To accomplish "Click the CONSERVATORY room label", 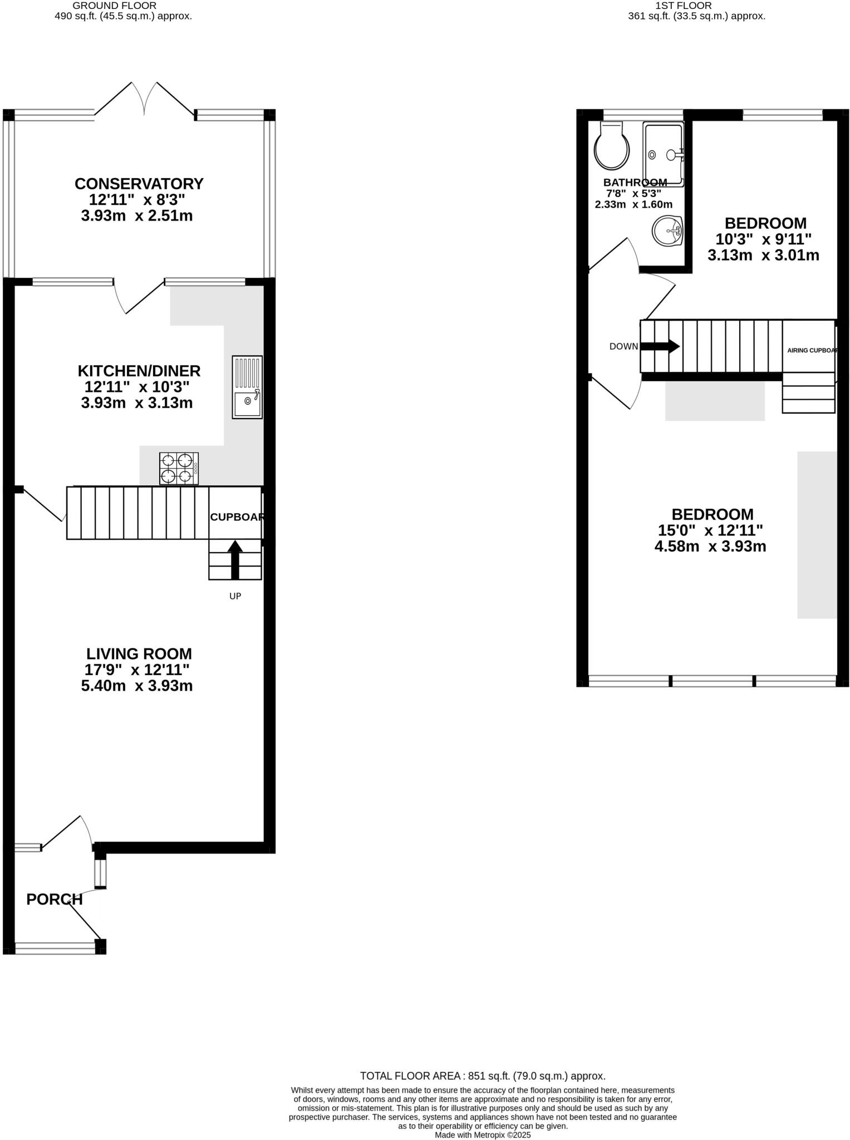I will pyautogui.click(x=139, y=184).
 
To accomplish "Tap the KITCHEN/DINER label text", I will pyautogui.click(x=139, y=371).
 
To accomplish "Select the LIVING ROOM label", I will pyautogui.click(x=139, y=653).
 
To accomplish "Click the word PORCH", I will pyautogui.click(x=55, y=899).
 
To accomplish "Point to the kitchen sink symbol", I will pyautogui.click(x=247, y=387).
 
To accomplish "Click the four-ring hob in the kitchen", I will pyautogui.click(x=179, y=468).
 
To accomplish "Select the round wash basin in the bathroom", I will pyautogui.click(x=667, y=230).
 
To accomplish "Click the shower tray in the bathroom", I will pyautogui.click(x=663, y=154).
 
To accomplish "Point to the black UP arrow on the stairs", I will pyautogui.click(x=235, y=559).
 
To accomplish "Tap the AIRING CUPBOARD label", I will pyautogui.click(x=812, y=350).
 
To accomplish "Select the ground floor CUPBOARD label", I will pyautogui.click(x=236, y=517).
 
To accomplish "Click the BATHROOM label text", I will pyautogui.click(x=635, y=183).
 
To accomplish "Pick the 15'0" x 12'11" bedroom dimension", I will pyautogui.click(x=712, y=530).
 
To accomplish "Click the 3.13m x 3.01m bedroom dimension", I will pyautogui.click(x=763, y=255).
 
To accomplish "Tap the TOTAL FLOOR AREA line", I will pyautogui.click(x=482, y=1076).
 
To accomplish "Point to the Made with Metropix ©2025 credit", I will pyautogui.click(x=483, y=1134).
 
